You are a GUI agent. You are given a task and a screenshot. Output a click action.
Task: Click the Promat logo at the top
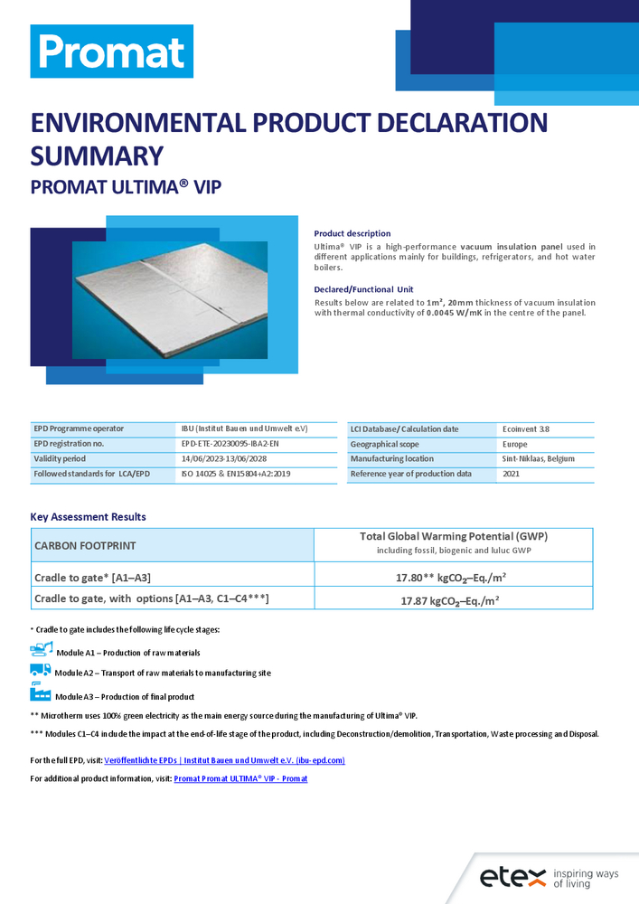tap(111, 52)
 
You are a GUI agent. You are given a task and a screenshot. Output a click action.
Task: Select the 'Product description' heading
tap(352, 233)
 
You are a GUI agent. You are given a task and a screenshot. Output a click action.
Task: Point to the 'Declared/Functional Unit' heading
tap(363, 289)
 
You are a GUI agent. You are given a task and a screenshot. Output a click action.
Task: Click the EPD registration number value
tap(236, 444)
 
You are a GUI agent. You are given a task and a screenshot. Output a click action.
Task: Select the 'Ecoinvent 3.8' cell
tap(525, 428)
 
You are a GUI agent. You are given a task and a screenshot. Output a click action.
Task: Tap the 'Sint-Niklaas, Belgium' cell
tap(538, 459)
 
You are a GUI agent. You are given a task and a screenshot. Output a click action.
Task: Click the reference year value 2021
tap(512, 474)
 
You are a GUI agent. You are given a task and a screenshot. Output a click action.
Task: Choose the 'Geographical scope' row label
tap(384, 444)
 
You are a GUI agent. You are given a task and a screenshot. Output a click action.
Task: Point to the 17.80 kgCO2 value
tap(453, 577)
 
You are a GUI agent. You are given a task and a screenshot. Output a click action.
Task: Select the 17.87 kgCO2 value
tap(451, 598)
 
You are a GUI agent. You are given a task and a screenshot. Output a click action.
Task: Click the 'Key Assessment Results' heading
tap(88, 517)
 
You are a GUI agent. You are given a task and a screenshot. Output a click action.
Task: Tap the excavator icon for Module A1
tap(42, 648)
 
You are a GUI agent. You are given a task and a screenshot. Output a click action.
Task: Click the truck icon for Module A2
tap(41, 670)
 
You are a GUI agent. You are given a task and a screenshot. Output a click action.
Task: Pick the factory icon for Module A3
tap(41, 693)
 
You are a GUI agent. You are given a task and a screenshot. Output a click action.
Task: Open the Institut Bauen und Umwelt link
tap(224, 760)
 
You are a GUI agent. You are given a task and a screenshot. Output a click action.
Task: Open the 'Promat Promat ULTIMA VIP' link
tap(240, 778)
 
